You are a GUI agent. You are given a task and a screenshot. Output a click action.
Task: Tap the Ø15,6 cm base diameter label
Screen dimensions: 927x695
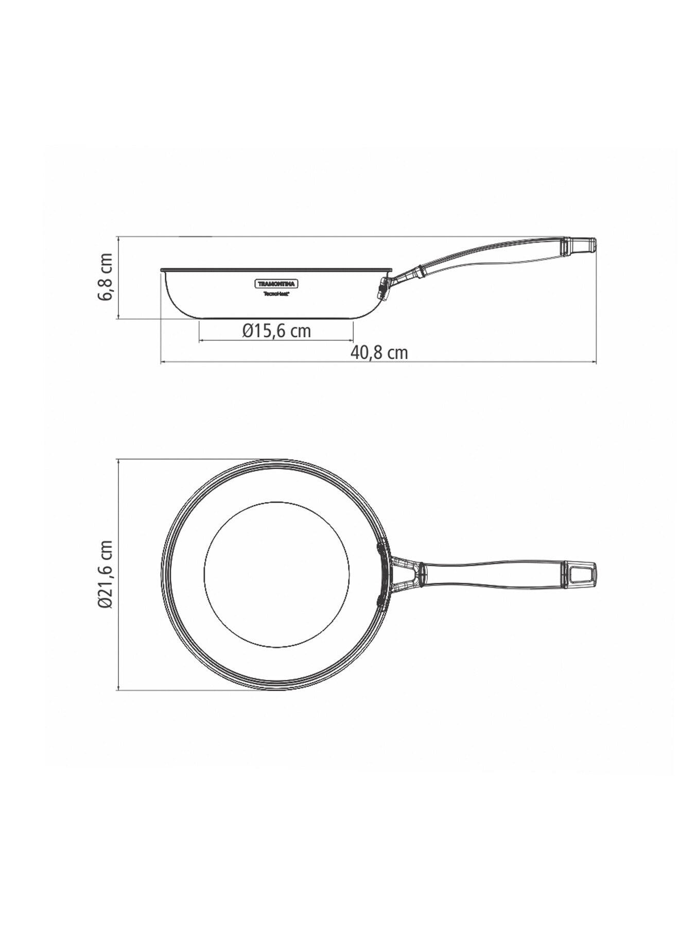[x=277, y=330]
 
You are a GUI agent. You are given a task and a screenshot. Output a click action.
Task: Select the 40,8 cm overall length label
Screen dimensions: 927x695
[x=379, y=353]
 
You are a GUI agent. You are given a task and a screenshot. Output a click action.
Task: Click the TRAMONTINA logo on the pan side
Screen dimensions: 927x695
[x=277, y=284]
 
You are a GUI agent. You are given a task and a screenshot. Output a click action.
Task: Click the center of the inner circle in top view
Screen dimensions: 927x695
[x=277, y=573]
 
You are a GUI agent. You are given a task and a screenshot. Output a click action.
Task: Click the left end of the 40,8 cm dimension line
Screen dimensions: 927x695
[x=162, y=363]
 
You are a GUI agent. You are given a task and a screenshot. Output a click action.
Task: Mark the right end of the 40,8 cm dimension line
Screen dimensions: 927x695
[x=596, y=363]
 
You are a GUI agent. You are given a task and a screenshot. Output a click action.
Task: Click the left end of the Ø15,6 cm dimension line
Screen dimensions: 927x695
[x=199, y=340]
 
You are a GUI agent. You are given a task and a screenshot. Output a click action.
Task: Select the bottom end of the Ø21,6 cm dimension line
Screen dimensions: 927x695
[x=119, y=690]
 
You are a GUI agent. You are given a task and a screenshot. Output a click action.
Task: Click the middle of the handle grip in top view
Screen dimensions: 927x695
[x=494, y=573]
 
